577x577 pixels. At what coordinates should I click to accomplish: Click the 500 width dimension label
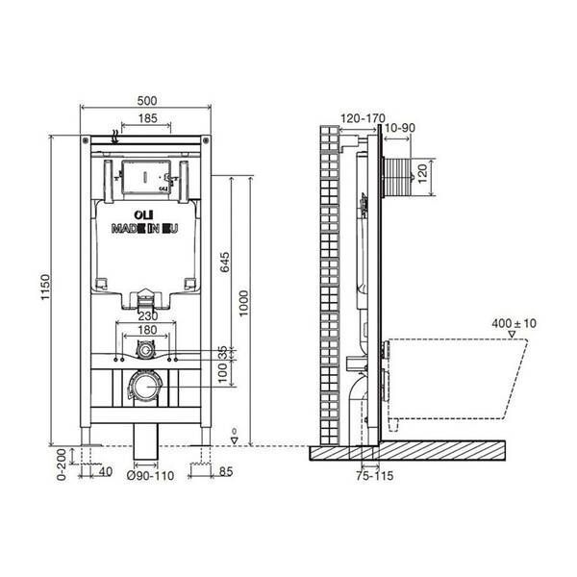(x=147, y=100)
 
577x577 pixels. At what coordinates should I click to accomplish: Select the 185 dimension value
(x=147, y=118)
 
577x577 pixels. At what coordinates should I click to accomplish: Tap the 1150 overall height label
(x=45, y=287)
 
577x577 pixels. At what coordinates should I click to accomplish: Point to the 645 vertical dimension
(x=224, y=262)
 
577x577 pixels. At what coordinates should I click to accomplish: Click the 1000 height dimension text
(x=243, y=303)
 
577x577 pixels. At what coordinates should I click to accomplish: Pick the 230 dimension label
(x=148, y=315)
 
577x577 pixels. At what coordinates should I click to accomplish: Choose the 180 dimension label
(x=147, y=330)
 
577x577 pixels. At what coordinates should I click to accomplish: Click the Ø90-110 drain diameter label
(x=150, y=476)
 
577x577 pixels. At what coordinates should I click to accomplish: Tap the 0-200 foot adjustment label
(x=62, y=464)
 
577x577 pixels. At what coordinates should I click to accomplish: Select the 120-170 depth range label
(x=363, y=118)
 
